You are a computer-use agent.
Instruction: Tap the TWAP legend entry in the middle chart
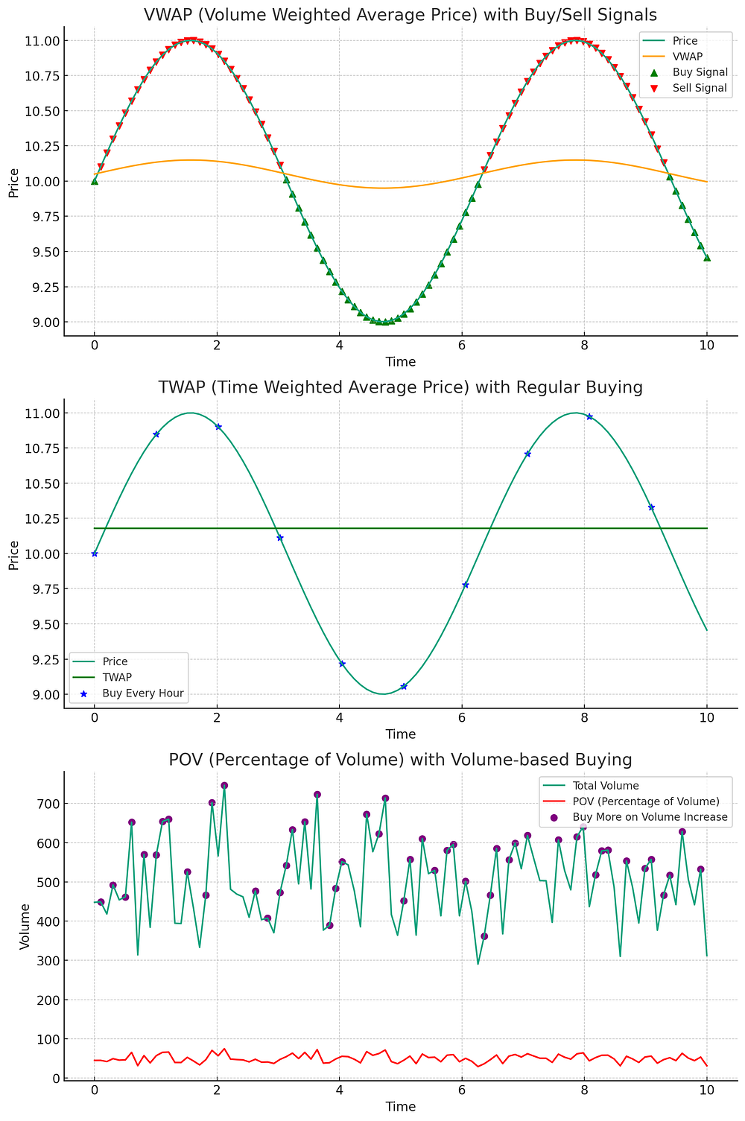(117, 677)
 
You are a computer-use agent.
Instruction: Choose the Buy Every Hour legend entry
(142, 693)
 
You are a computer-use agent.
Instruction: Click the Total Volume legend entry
(605, 785)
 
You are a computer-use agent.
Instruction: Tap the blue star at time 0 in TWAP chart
(95, 553)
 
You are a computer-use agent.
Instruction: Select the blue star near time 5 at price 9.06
(403, 686)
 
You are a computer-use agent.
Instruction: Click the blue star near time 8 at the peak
(589, 416)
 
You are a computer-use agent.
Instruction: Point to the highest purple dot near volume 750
(224, 785)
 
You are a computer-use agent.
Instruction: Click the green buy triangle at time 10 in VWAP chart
(707, 258)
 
